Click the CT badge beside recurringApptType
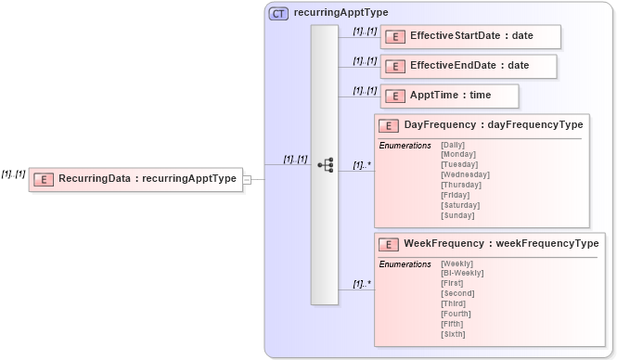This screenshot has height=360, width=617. coord(278,13)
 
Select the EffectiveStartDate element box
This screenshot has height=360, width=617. coord(469,36)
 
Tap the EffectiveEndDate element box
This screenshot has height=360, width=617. coord(468,66)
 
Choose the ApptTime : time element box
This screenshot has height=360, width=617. coord(449,96)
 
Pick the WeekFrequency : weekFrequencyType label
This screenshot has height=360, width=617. coord(501,243)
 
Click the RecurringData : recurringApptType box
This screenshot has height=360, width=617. coord(136,179)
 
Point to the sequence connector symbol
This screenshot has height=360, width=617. coord(325,164)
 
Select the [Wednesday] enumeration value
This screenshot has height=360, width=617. coord(465,174)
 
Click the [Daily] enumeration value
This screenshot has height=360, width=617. coord(453,145)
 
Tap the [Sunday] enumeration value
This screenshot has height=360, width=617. coord(457,215)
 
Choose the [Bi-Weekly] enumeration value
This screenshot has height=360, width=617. coord(462,273)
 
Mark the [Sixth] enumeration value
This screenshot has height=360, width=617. coord(453,334)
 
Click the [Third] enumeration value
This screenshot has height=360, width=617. coord(453,303)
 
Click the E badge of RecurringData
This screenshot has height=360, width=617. coord(44,179)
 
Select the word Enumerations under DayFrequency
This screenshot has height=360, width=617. coord(405,145)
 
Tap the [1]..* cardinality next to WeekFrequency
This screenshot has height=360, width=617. coord(361,284)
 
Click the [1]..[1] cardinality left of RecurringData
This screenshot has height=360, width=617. coord(14,174)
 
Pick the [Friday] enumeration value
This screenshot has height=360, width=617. coord(456,195)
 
